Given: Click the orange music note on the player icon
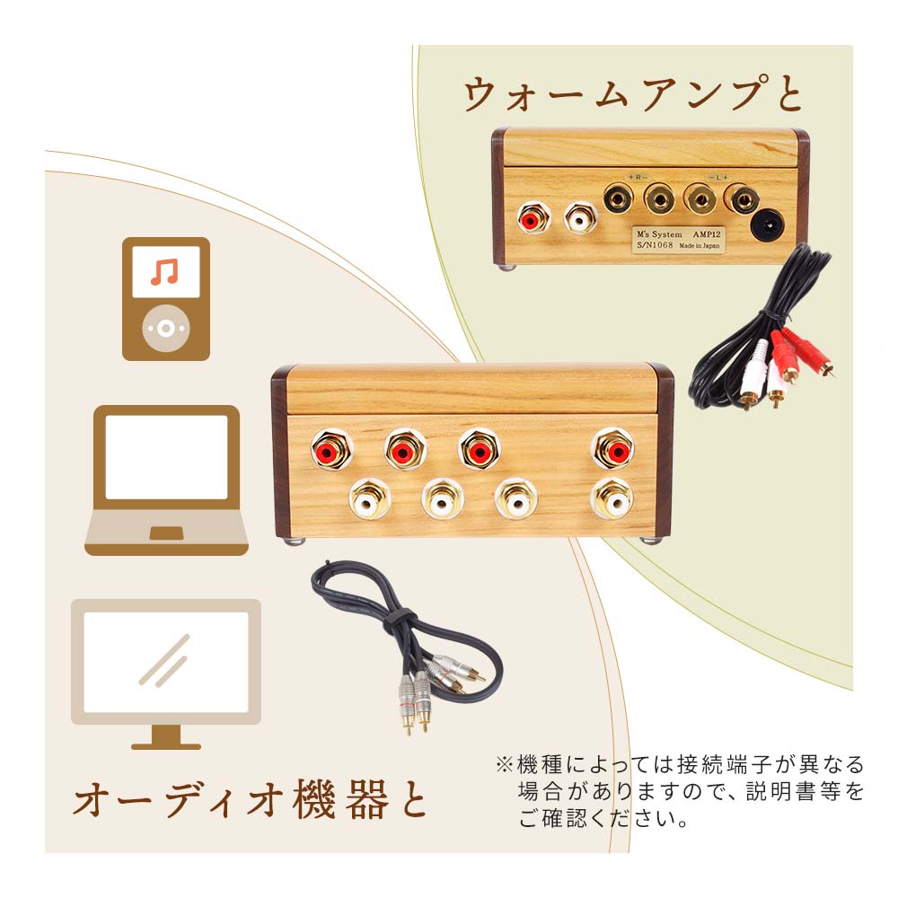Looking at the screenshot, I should click(x=164, y=271).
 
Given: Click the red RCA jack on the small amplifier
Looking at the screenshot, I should click(x=534, y=217).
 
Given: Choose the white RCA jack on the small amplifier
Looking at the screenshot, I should click(x=579, y=217).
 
